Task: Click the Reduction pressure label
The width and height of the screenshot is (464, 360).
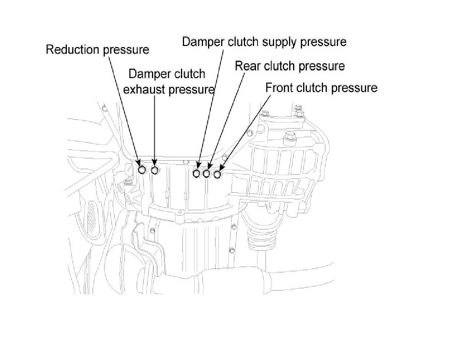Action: (x=97, y=50)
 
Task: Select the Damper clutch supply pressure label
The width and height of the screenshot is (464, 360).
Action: (x=264, y=42)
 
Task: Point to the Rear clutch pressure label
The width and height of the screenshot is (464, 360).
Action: (x=290, y=66)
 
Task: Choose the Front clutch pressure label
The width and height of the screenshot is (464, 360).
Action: (x=321, y=88)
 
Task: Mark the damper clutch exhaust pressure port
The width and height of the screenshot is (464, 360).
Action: (x=155, y=170)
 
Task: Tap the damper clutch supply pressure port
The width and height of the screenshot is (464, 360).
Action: (x=197, y=174)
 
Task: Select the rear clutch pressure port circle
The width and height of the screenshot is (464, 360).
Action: (x=207, y=174)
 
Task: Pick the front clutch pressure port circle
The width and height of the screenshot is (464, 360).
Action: (x=217, y=174)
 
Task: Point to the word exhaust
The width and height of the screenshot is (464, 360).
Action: (x=145, y=89)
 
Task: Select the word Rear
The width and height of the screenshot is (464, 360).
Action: (x=248, y=66)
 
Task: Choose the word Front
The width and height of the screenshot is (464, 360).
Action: (x=279, y=88)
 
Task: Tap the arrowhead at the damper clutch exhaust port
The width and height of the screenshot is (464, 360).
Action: (x=155, y=163)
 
